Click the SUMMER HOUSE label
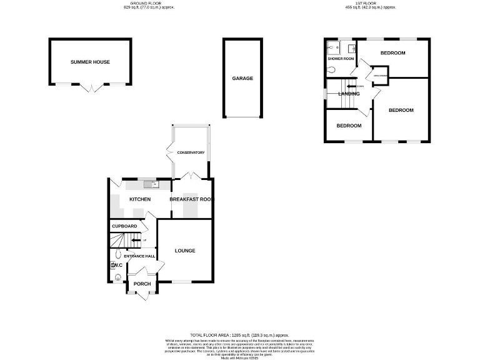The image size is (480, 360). [90, 62]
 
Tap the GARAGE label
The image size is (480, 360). [242, 79]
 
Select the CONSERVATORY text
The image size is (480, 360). [191, 153]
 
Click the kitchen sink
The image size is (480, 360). [149, 184]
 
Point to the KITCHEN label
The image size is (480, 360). [139, 199]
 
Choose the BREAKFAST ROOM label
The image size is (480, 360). [192, 199]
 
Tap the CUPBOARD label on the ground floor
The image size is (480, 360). [124, 226]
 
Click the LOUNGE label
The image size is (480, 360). [185, 251]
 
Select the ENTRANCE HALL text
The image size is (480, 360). [139, 256]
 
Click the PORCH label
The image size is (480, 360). [141, 284]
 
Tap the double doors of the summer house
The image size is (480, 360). [91, 88]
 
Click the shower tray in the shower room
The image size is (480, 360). [331, 47]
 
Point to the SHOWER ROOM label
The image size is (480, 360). [340, 59]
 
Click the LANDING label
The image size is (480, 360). [348, 94]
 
